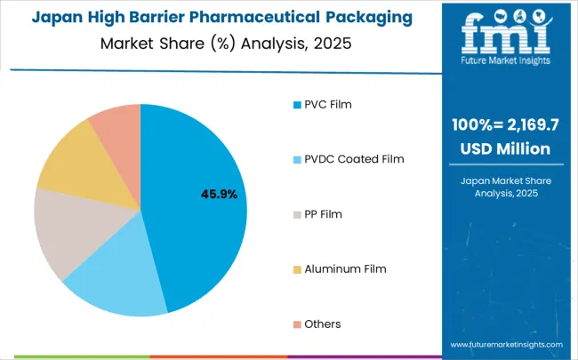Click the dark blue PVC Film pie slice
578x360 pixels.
click(200, 204)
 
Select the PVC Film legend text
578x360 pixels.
click(328, 104)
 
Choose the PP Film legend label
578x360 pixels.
click(323, 214)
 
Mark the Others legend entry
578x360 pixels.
click(322, 324)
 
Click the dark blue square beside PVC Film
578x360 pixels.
click(297, 104)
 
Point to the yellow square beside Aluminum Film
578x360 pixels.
click(297, 268)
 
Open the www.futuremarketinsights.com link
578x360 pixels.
click(505, 343)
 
